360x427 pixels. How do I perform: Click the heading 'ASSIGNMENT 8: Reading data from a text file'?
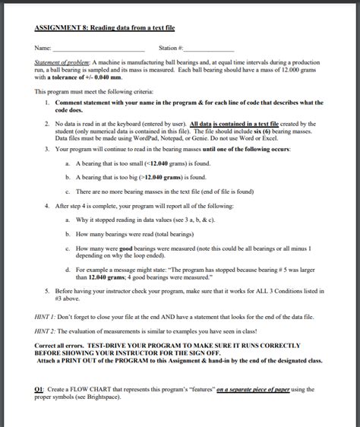point(105,28)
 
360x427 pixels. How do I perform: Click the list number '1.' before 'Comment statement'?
point(47,103)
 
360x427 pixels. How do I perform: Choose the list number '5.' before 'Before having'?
point(47,289)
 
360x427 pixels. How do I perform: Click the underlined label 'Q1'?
point(39,388)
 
